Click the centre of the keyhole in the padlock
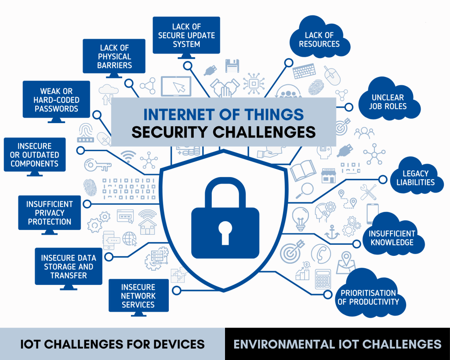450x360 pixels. pos(225,232)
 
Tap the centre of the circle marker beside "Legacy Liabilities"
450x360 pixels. pos(383,180)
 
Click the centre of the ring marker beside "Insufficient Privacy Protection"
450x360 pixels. pos(87,204)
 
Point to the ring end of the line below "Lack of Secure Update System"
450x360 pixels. pos(188,66)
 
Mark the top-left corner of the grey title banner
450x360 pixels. pos(111,98)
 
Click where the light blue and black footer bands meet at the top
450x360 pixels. pos(225,328)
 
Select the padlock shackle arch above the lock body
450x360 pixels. pos(225,193)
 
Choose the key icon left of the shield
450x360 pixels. pos(98,165)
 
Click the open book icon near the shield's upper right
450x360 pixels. pos(303,171)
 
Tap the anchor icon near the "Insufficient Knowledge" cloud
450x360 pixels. pos(332,232)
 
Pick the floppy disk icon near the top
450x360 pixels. pos(232,66)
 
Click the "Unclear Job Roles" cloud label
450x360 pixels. pos(388,102)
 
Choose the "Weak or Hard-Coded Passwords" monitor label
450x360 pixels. pos(56,100)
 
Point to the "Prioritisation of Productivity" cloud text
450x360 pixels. pos(368,298)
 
